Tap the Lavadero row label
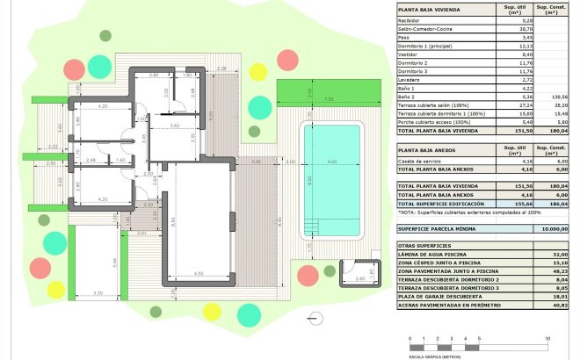coord(410,80)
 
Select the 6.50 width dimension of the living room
coord(200,274)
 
